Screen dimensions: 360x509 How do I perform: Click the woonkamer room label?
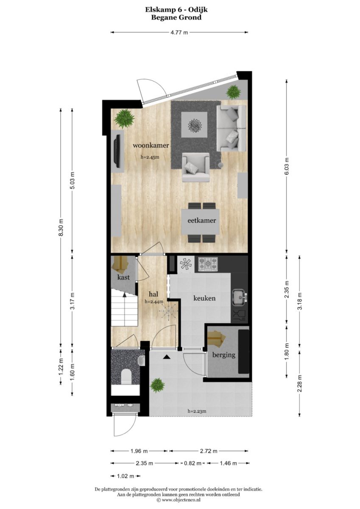151,145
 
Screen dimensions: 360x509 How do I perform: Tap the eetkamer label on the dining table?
202,221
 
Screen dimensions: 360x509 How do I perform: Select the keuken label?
204,298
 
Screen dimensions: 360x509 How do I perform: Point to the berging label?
224,355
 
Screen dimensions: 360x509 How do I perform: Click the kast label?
124,277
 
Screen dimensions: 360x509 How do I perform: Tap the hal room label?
153,294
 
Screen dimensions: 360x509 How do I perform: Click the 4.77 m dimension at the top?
179,32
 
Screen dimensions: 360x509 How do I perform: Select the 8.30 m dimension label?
61,227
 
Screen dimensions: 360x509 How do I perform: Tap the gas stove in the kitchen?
208,264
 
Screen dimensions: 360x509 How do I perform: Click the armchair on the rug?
196,167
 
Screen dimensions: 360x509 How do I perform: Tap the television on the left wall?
118,151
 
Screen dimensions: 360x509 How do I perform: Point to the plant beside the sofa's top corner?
234,92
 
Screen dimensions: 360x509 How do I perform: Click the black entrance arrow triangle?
167,357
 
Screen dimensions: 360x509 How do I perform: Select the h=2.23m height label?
197,411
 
